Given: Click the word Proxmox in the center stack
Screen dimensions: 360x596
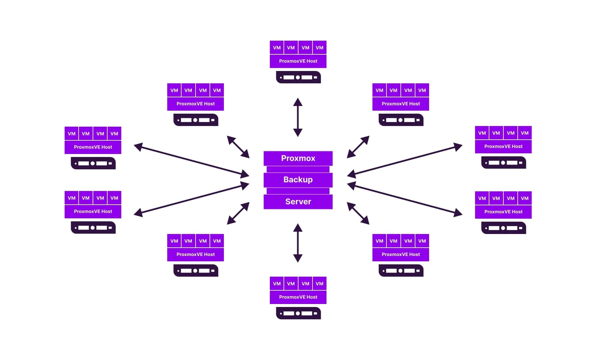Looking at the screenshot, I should tap(298, 158).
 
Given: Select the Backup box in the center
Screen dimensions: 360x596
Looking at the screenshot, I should tap(298, 180).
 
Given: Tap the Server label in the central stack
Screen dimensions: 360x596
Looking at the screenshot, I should tap(298, 202).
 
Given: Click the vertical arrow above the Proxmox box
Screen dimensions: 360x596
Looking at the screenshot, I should tap(298, 117).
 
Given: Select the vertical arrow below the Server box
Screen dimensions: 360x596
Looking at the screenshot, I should tap(298, 243).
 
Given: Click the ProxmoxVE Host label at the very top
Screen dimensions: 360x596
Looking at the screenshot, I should tap(298, 61).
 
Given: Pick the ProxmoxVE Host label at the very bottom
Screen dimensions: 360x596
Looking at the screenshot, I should tap(298, 297).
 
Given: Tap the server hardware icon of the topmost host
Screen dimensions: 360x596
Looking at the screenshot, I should tap(298, 77).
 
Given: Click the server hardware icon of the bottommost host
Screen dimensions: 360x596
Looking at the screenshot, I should tap(298, 313).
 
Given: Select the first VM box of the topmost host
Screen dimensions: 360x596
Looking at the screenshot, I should tap(277, 48).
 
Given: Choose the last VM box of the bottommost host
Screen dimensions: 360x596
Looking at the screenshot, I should tap(319, 284).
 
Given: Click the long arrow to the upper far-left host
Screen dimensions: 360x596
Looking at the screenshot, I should tap(191, 160).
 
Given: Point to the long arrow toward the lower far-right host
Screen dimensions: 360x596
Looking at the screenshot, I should tap(405, 199).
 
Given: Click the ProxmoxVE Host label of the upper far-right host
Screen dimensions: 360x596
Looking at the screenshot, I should tap(503, 147).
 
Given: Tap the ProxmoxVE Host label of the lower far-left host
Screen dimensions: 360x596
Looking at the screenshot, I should tap(93, 211).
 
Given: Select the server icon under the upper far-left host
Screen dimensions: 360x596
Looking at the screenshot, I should tap(93, 163).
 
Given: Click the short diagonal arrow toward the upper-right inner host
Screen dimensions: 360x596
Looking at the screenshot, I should tap(358, 147).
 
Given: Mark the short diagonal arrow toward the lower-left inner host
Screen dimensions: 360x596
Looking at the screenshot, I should tap(238, 213).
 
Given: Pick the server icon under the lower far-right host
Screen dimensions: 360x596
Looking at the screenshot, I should tap(503, 228).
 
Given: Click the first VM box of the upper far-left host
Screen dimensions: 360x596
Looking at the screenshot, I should tap(71, 134).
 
